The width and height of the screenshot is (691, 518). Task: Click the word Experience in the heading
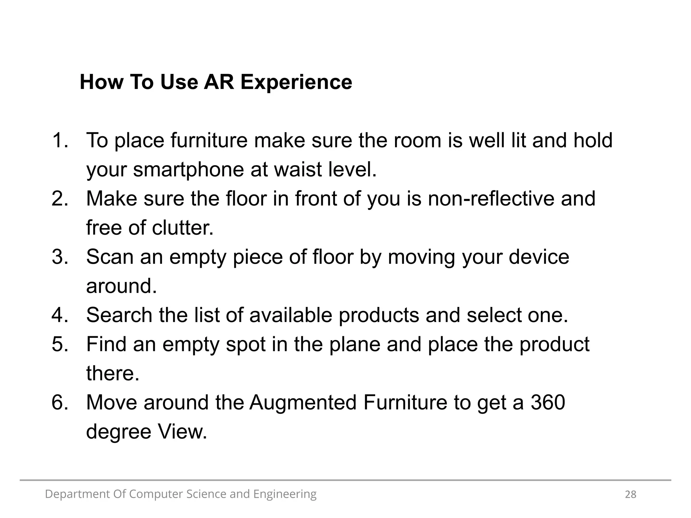[x=296, y=82]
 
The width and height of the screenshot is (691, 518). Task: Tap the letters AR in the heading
[x=219, y=82]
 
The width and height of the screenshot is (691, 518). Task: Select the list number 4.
[x=59, y=315]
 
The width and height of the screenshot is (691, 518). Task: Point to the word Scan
[x=110, y=257]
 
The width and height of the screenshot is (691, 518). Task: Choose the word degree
[x=118, y=432]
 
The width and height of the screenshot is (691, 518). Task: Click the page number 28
[x=631, y=494]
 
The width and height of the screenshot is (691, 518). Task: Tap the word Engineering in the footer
[x=285, y=494]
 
